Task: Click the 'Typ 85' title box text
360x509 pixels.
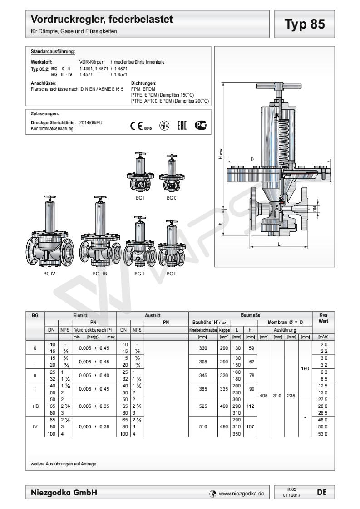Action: (305, 24)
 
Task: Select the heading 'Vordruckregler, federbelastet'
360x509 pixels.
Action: (102, 20)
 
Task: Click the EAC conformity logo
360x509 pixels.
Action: (182, 125)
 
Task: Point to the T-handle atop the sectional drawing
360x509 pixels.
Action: (279, 86)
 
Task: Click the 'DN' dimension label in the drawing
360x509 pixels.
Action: (315, 209)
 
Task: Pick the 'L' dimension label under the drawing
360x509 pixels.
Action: (279, 244)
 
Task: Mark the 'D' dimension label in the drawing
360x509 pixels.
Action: (252, 159)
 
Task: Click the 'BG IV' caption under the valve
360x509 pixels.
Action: (49, 274)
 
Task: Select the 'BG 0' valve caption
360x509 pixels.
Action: (172, 198)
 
